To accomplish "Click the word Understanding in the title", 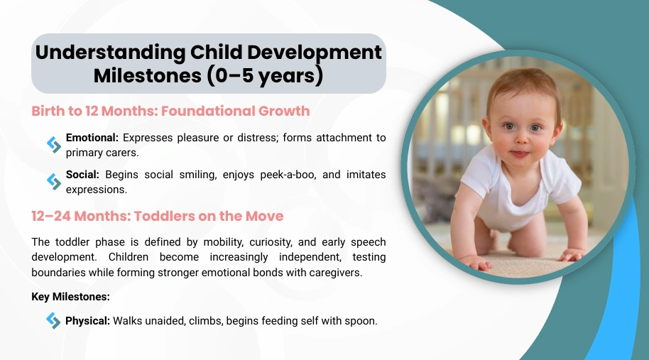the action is (110, 53).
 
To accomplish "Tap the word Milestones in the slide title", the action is (148, 76).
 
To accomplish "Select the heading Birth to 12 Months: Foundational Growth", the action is (170, 111).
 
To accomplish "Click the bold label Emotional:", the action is (92, 137).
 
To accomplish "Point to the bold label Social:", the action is (82, 175).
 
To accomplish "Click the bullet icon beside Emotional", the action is (54, 144).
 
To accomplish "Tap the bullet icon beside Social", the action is (54, 182).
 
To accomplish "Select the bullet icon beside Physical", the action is (53, 321).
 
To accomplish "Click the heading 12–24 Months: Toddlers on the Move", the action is (158, 216).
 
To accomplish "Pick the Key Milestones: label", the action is (71, 297).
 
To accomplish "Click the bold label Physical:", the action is (88, 321).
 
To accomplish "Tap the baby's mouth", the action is (520, 154).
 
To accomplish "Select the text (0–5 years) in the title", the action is (265, 76).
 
